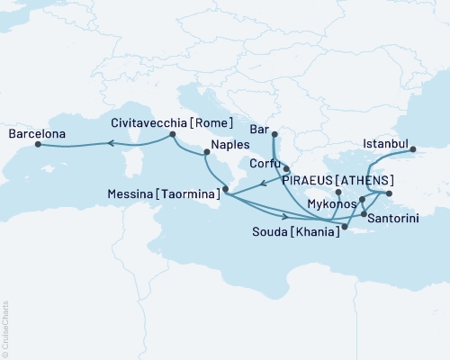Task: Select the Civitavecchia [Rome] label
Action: (x=172, y=122)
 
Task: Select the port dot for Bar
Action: (x=274, y=136)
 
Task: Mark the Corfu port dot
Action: (x=285, y=168)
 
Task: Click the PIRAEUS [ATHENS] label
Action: (x=337, y=179)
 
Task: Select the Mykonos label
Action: (x=330, y=204)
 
